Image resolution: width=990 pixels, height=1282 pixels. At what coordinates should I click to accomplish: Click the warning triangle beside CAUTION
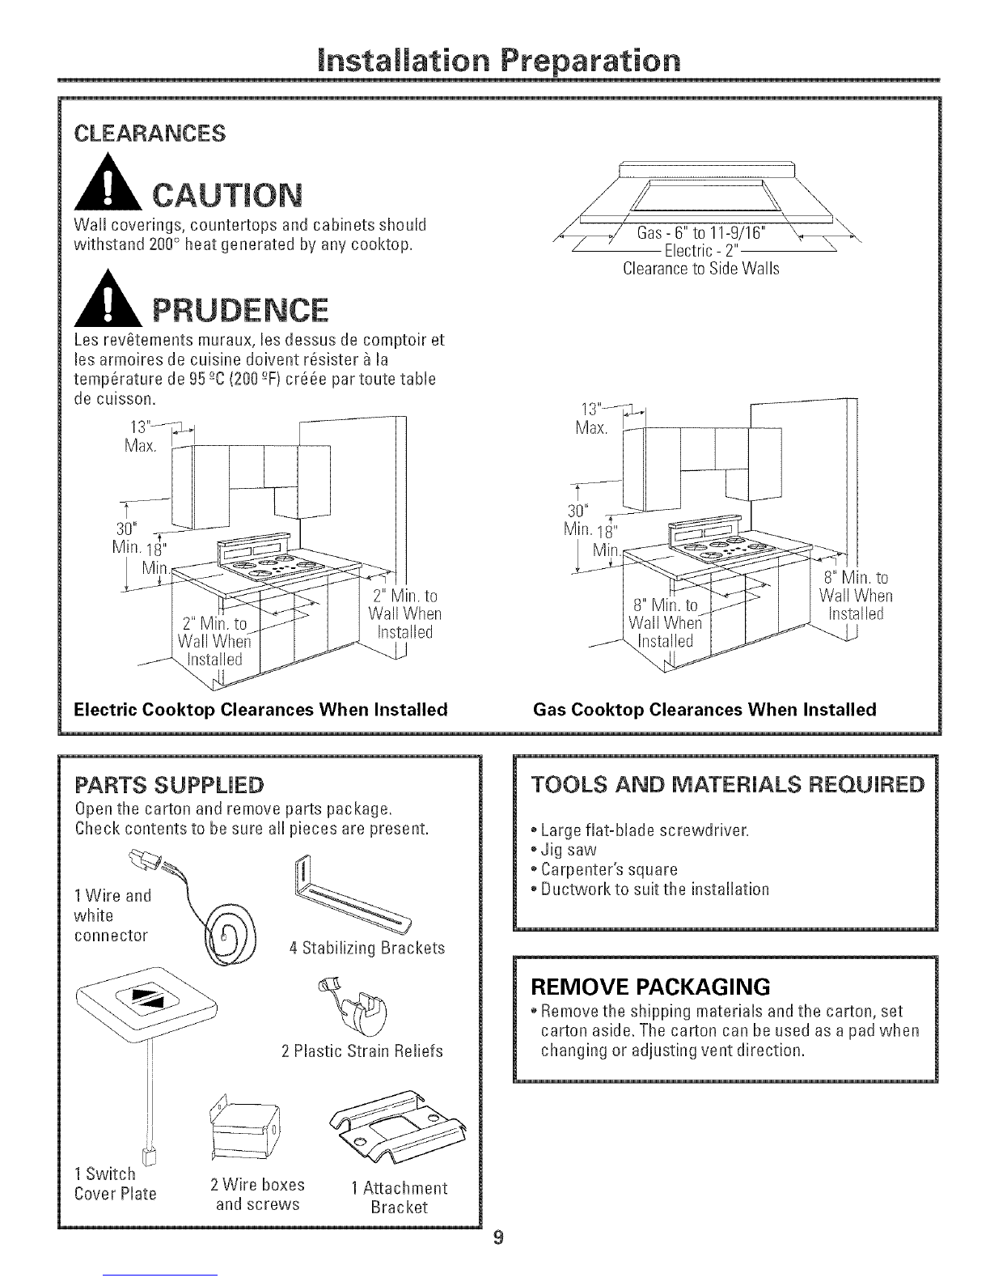click(108, 183)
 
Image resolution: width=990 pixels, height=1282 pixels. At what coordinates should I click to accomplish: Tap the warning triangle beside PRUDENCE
click(108, 299)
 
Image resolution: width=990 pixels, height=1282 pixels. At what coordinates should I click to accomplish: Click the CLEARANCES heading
click(150, 134)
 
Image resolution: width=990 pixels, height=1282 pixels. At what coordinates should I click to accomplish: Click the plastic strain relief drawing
click(353, 1007)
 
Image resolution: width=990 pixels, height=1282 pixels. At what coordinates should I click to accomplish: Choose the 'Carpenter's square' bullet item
click(604, 869)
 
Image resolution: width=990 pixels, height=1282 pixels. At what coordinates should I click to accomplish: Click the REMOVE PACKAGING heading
click(650, 987)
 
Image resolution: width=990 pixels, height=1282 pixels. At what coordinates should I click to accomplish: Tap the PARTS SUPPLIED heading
click(169, 785)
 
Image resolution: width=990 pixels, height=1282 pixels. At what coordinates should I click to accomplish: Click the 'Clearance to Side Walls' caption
click(701, 269)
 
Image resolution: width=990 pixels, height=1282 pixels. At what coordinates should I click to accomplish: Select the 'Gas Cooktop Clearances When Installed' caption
click(704, 709)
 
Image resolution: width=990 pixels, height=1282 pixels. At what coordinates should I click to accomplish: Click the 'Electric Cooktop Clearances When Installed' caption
click(260, 709)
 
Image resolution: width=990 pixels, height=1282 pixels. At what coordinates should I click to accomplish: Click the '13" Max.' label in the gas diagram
click(591, 418)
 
